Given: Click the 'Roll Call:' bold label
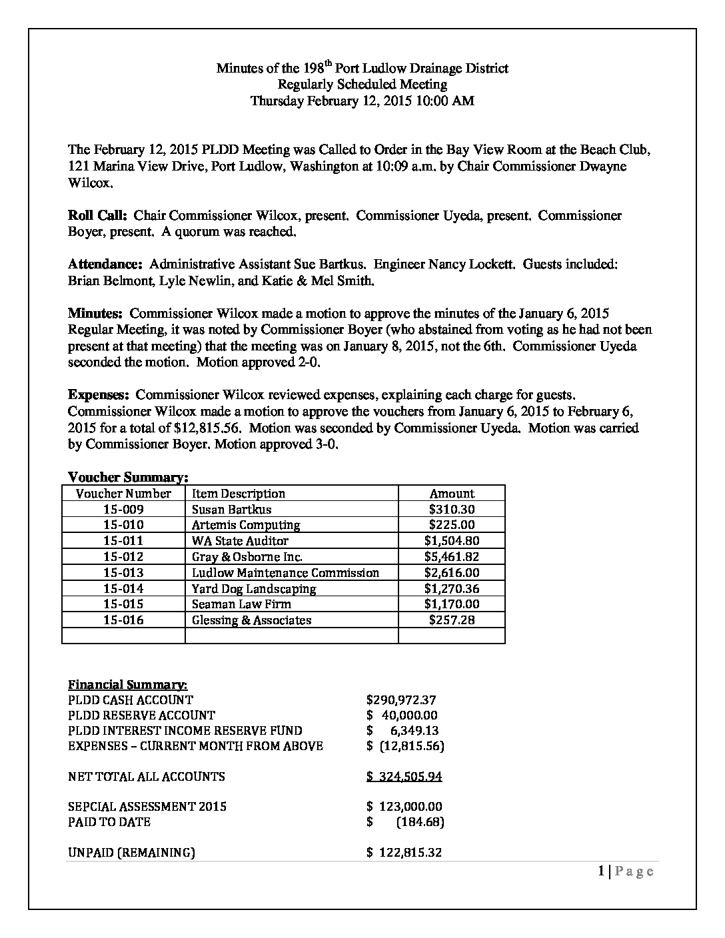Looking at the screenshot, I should coord(98,216).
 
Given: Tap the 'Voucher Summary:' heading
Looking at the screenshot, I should coord(128,477).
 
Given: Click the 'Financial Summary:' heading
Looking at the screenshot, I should coord(128,685).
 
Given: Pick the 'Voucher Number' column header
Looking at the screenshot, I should coord(123,494).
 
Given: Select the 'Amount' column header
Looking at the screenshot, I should coord(452,494).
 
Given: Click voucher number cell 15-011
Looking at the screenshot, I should coord(123,541).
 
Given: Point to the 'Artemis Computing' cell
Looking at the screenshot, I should coord(246,525).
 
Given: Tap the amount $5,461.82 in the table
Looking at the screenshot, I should coord(452,557).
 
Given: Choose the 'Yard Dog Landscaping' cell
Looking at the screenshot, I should coord(254,589).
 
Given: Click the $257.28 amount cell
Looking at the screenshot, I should coord(452,620).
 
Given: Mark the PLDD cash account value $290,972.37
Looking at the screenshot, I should coord(401,700).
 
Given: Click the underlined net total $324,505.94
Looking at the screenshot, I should coord(404,777).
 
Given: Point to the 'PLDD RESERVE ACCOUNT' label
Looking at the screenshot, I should coord(141,715).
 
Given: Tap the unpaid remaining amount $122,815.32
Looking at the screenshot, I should coord(404,853).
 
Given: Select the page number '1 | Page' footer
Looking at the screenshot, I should coord(626,871).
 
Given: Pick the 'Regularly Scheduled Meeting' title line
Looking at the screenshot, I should coord(362,85).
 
